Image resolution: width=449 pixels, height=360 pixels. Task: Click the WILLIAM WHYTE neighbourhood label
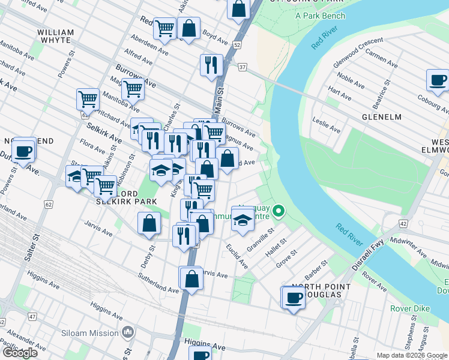[x=55, y=36]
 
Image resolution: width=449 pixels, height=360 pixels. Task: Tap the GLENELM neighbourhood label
[x=381, y=117]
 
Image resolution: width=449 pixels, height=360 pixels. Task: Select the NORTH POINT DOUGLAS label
[x=316, y=290]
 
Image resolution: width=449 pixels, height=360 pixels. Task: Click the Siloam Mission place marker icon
[x=127, y=332]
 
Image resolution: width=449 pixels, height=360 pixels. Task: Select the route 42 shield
[x=402, y=223]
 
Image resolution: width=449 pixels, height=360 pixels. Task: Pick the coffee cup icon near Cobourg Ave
[x=438, y=80]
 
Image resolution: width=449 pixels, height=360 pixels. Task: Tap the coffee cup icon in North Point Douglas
[x=294, y=297]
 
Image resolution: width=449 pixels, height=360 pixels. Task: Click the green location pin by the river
[x=279, y=211]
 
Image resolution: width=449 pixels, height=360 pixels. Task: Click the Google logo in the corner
[x=20, y=352]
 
